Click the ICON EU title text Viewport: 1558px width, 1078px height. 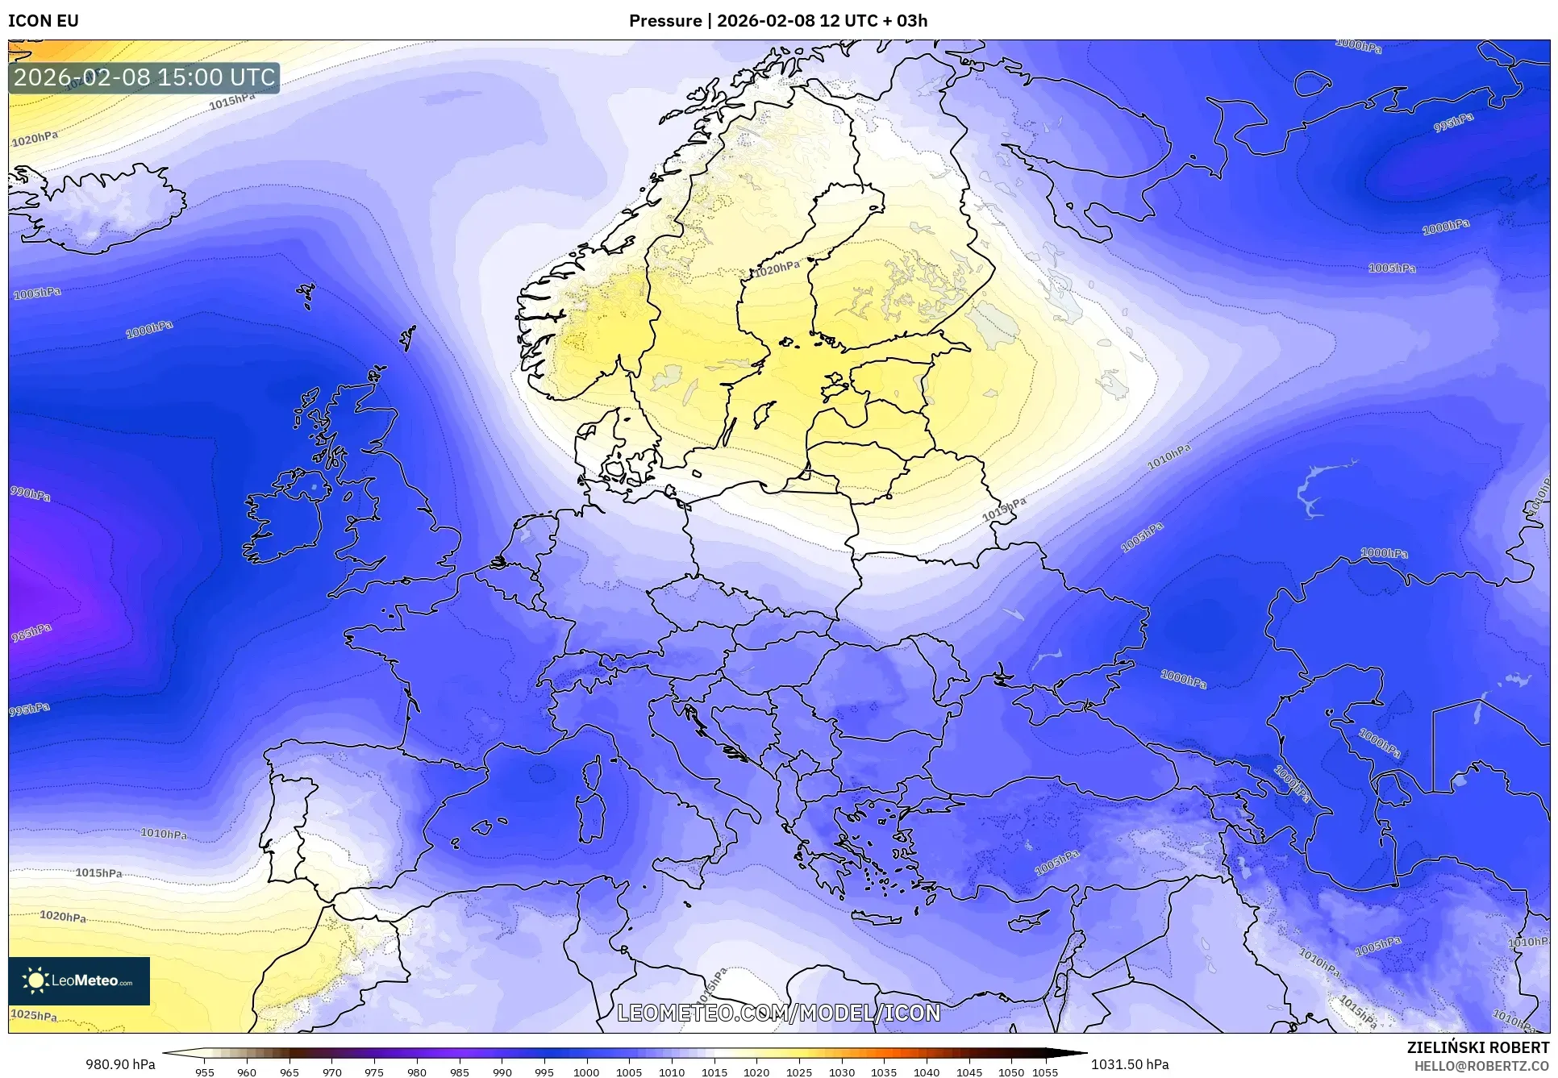click(44, 21)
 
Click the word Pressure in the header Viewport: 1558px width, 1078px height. click(665, 21)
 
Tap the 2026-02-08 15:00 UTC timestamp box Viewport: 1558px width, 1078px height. click(144, 77)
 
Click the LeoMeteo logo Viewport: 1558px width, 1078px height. click(79, 980)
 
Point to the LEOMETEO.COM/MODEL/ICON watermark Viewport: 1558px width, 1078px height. click(779, 1013)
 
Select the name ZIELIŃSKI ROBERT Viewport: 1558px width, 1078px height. click(1478, 1047)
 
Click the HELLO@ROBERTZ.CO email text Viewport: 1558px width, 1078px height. click(1481, 1066)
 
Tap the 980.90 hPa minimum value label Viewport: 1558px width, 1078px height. click(120, 1064)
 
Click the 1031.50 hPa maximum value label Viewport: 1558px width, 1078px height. click(1130, 1064)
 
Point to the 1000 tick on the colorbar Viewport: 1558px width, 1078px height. click(586, 1072)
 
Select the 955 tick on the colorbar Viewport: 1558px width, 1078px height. click(205, 1072)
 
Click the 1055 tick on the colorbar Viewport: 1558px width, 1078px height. click(1045, 1072)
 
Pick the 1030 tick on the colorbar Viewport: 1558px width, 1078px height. click(842, 1072)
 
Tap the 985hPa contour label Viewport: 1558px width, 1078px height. click(31, 633)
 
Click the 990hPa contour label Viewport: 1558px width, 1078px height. click(30, 493)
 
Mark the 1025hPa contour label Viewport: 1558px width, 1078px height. click(34, 1015)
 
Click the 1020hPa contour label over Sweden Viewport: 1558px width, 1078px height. click(777, 269)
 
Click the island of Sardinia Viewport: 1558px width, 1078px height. click(591, 818)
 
